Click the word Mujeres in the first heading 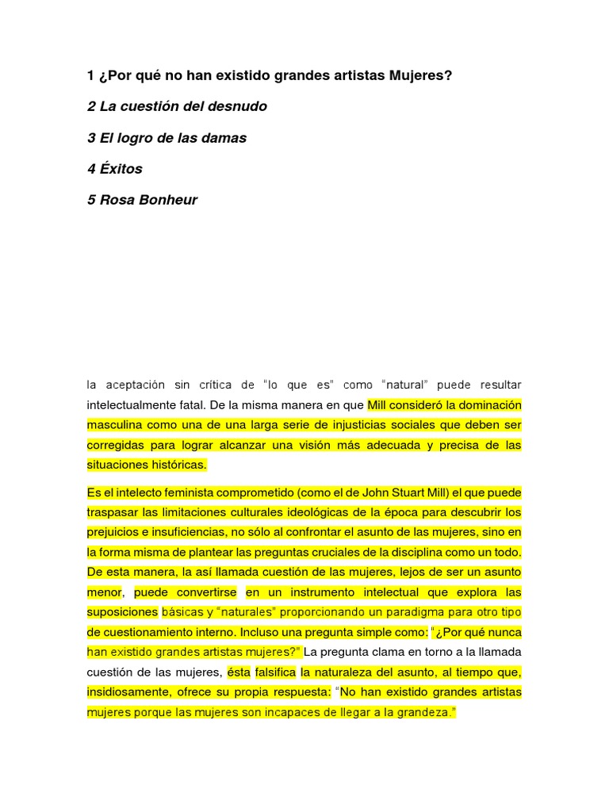(421, 75)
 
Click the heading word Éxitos (121, 169)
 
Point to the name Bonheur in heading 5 (167, 200)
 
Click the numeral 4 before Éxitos (91, 169)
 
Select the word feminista (185, 492)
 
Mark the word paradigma (418, 612)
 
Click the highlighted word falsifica (275, 672)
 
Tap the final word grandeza (426, 712)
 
